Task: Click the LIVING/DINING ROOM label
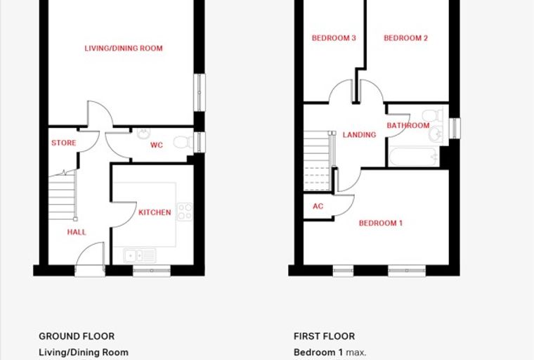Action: point(124,48)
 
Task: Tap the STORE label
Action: point(64,143)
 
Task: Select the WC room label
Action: point(157,146)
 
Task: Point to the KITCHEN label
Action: point(155,212)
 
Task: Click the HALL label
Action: point(77,232)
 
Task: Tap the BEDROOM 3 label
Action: point(334,38)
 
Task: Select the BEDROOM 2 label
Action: point(405,38)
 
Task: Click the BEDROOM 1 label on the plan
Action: point(381,223)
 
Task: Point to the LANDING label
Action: point(359,135)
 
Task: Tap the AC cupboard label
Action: point(318,206)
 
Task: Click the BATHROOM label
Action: point(408,125)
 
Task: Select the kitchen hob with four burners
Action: point(185,212)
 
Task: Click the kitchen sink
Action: point(140,256)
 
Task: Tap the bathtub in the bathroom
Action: point(413,157)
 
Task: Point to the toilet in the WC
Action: point(183,142)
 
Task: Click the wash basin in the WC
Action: point(144,134)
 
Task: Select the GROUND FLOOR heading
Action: point(77,336)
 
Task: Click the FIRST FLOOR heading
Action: point(324,336)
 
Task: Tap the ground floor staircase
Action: point(63,195)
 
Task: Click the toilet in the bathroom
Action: point(433,115)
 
